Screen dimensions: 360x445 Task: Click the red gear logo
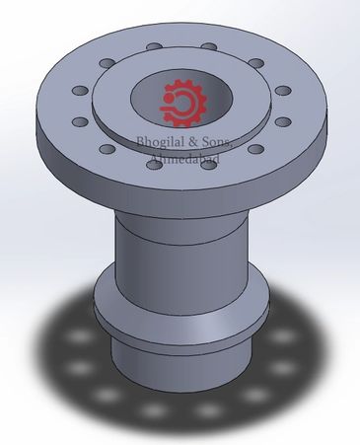(183, 103)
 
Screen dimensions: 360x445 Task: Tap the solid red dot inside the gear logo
(169, 98)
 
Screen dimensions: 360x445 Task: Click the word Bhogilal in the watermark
(160, 142)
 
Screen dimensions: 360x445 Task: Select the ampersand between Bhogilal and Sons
(192, 142)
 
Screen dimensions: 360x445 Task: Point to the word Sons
(217, 142)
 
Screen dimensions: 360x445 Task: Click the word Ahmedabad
(184, 159)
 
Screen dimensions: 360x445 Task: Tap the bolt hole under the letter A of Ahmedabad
(155, 165)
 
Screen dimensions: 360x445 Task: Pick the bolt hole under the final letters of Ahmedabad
(208, 165)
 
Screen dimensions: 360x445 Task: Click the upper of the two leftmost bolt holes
(80, 91)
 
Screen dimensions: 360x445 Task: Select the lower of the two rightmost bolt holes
(283, 122)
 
